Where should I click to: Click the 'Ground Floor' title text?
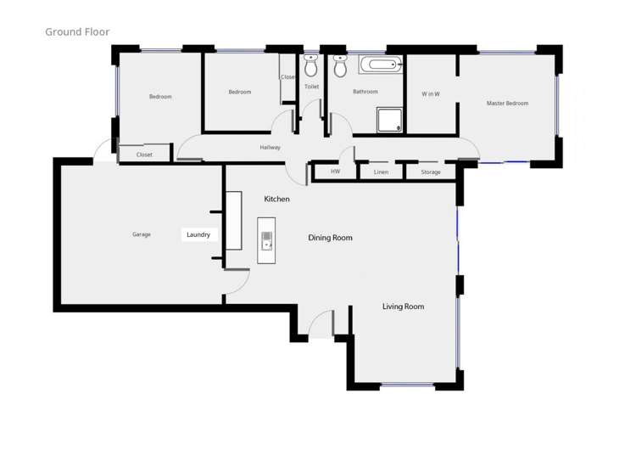click(77, 32)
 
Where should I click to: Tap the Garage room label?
click(141, 234)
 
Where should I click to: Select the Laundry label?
click(198, 234)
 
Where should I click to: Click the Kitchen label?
click(276, 199)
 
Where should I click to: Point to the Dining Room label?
click(330, 238)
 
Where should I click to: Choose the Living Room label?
click(403, 307)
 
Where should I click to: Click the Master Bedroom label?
click(507, 104)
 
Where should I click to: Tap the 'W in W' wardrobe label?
click(431, 93)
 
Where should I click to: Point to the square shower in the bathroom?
click(389, 119)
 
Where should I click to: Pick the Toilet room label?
click(311, 87)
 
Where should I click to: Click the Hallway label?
click(270, 148)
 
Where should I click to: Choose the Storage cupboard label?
click(431, 172)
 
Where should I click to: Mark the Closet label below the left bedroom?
click(144, 155)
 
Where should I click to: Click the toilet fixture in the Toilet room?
click(311, 65)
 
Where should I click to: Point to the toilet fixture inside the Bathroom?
click(340, 65)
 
